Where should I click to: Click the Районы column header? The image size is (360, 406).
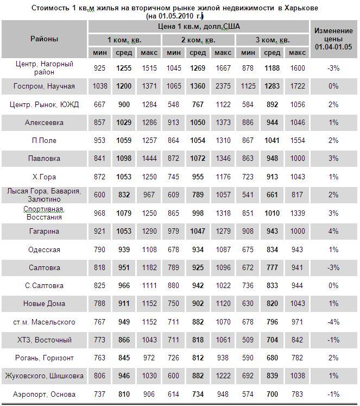[x=44, y=39]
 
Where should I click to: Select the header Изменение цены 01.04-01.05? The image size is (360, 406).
[x=333, y=39]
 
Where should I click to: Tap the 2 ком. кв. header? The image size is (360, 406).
[x=198, y=40]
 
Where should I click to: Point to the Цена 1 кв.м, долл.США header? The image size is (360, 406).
[x=198, y=26]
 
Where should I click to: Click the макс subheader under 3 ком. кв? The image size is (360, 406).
[x=297, y=53]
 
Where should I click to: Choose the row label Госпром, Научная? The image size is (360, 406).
[x=44, y=86]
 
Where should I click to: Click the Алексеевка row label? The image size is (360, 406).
[x=44, y=122]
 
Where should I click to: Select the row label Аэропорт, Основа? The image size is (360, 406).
[x=44, y=394]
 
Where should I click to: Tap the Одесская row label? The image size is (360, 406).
[x=44, y=249]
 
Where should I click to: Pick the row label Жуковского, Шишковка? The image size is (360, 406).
[x=44, y=376]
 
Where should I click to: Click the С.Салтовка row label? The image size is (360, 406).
[x=44, y=285]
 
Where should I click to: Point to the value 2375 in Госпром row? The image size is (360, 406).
[x=223, y=86]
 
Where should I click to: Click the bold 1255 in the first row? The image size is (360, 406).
[x=124, y=68]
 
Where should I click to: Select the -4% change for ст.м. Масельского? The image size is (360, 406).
[x=333, y=322]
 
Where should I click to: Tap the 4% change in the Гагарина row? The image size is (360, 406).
[x=333, y=231]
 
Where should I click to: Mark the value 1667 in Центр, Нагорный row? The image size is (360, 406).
[x=223, y=68]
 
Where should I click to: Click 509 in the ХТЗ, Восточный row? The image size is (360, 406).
[x=248, y=340]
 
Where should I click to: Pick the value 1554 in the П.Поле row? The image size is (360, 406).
[x=297, y=140]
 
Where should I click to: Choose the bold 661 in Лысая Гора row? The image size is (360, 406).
[x=272, y=195]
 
